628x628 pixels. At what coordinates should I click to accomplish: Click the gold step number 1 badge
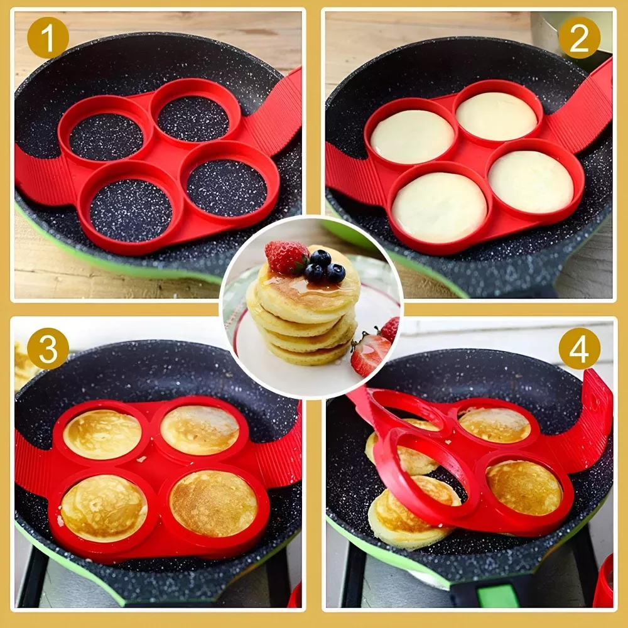48,38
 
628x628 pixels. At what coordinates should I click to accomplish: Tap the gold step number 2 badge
579,38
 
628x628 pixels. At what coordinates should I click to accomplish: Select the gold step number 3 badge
48,349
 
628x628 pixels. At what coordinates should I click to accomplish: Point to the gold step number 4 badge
579,349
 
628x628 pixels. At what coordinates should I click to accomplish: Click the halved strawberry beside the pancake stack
370,354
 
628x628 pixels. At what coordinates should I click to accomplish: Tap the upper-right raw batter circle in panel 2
496,116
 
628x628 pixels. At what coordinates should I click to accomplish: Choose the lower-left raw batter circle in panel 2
440,207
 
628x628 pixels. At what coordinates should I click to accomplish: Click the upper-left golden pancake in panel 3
102,434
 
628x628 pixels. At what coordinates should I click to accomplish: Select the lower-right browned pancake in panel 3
214,504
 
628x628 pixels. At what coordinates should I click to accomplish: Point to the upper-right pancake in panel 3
200,430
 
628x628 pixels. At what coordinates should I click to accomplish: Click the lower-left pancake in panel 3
104,508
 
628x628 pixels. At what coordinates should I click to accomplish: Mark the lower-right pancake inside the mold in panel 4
524,487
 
